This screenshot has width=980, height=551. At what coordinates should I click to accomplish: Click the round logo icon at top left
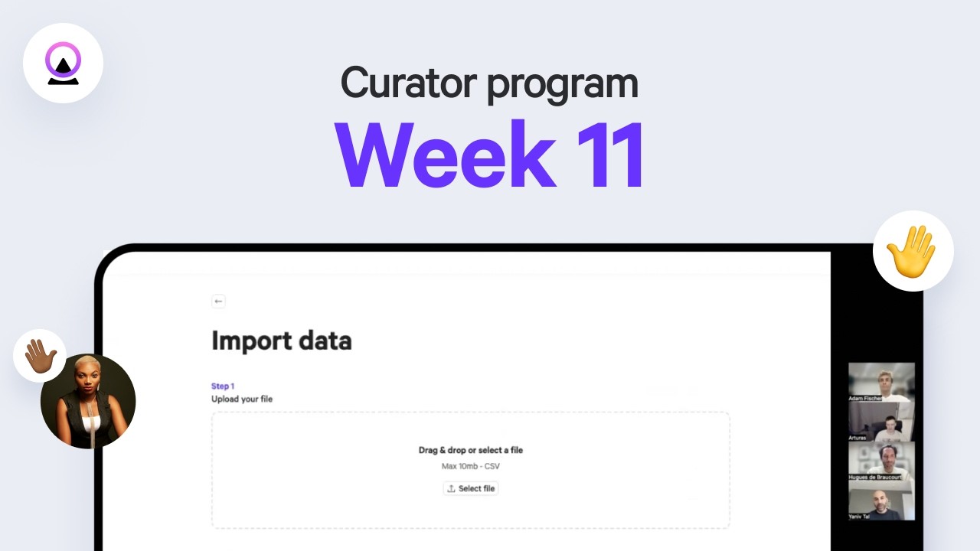(x=63, y=63)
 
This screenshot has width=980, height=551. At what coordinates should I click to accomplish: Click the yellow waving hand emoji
(x=912, y=250)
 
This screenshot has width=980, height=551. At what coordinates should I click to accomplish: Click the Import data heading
(x=281, y=341)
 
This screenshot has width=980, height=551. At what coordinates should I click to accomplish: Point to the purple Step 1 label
(x=223, y=386)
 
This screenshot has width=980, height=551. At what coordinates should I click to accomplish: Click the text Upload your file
(x=242, y=399)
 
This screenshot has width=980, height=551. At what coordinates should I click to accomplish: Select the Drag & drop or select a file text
(x=471, y=450)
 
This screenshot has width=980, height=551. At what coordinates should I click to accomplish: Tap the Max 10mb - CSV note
(x=471, y=466)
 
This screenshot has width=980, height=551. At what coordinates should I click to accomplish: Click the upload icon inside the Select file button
(x=452, y=488)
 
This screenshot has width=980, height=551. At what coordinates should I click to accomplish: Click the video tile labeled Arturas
(x=881, y=422)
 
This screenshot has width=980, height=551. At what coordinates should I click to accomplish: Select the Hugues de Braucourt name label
(x=875, y=477)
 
